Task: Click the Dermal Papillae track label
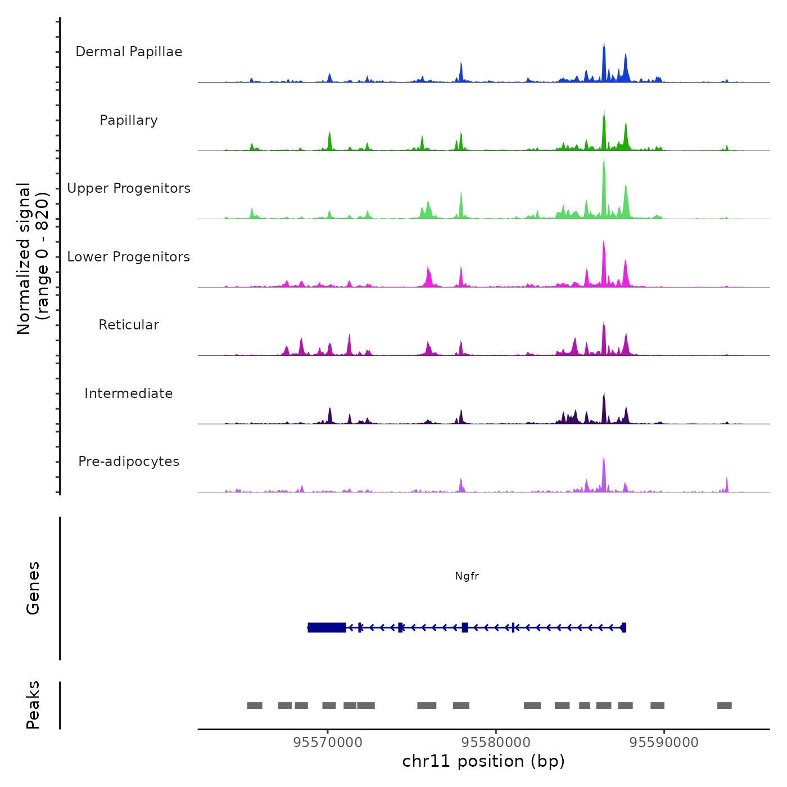pyautogui.click(x=129, y=52)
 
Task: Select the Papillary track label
pyautogui.click(x=129, y=120)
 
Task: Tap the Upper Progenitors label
pyautogui.click(x=129, y=188)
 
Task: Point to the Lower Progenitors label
pyautogui.click(x=129, y=257)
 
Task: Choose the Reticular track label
pyautogui.click(x=129, y=325)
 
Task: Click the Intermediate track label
pyautogui.click(x=129, y=393)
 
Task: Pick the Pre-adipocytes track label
pyautogui.click(x=129, y=462)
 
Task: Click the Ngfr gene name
pyautogui.click(x=467, y=576)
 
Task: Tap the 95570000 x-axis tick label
pyautogui.click(x=328, y=743)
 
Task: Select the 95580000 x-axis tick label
pyautogui.click(x=496, y=743)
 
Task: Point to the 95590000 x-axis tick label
pyautogui.click(x=664, y=743)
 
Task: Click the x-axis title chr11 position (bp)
pyautogui.click(x=483, y=761)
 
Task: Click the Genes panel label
pyautogui.click(x=33, y=588)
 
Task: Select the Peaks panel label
pyautogui.click(x=33, y=705)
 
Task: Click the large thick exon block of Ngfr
pyautogui.click(x=327, y=627)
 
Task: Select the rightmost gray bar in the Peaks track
pyautogui.click(x=724, y=705)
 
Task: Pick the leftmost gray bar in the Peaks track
pyautogui.click(x=255, y=705)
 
